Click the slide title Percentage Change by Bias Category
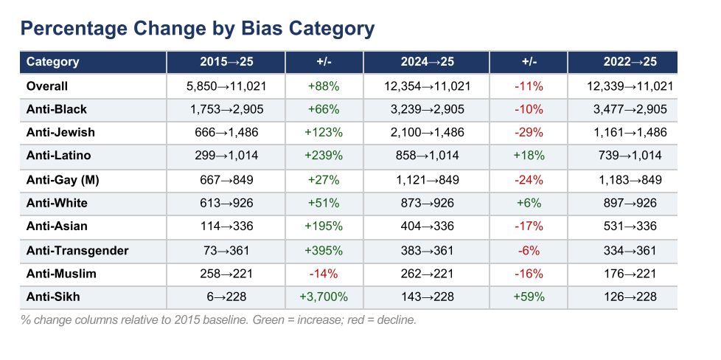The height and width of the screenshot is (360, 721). coord(197,29)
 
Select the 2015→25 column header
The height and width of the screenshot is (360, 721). coord(226,62)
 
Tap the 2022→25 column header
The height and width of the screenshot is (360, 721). coord(630,62)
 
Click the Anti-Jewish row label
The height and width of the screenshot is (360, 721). coord(60,133)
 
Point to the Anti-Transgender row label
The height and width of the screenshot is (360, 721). coord(77,250)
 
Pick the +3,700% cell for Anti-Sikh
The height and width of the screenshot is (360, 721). coord(324,297)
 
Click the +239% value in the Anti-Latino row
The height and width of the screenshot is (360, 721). coord(324,156)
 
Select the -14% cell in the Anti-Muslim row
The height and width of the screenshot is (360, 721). coord(324,274)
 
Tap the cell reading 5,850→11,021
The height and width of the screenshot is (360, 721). coord(226,86)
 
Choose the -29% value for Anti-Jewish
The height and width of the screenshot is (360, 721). coord(529,133)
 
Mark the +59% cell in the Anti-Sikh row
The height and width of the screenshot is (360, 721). coord(529,297)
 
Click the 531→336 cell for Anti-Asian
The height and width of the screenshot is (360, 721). coord(630,226)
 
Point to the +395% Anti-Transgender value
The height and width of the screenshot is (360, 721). coord(324,250)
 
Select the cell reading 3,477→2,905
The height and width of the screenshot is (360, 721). coord(630,109)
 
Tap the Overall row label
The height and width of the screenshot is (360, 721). coord(47,86)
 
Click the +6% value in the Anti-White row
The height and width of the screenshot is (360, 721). coord(529,202)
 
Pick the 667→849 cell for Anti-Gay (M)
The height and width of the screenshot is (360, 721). coord(226,179)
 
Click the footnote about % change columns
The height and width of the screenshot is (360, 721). coord(219,320)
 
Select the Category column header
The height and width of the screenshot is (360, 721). coord(52,62)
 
